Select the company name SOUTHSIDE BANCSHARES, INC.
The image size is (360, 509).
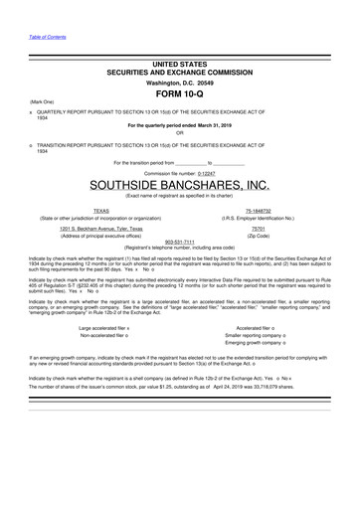click(x=180, y=186)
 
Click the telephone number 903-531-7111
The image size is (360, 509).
click(x=179, y=241)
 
